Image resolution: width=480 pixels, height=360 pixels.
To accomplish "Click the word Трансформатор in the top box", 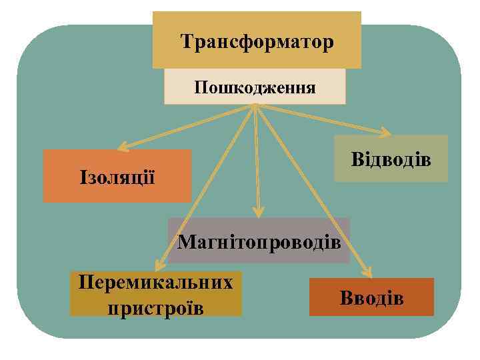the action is coord(257,43).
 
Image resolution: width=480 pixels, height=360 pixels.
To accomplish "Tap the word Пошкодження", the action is coord(255,87).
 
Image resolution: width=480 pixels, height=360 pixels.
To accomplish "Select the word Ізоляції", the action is coord(117,178).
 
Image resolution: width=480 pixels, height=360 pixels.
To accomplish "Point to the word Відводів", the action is coord(391,160).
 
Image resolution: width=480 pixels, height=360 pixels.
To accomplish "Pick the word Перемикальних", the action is coord(155,281).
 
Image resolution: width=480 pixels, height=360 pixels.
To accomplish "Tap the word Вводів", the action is coord(371,297).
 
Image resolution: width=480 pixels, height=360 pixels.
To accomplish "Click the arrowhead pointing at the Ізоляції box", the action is coord(123,147).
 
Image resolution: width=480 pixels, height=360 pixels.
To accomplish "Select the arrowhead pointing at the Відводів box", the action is coord(387,131).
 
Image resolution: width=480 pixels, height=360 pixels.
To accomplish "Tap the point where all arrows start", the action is coord(255,107).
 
